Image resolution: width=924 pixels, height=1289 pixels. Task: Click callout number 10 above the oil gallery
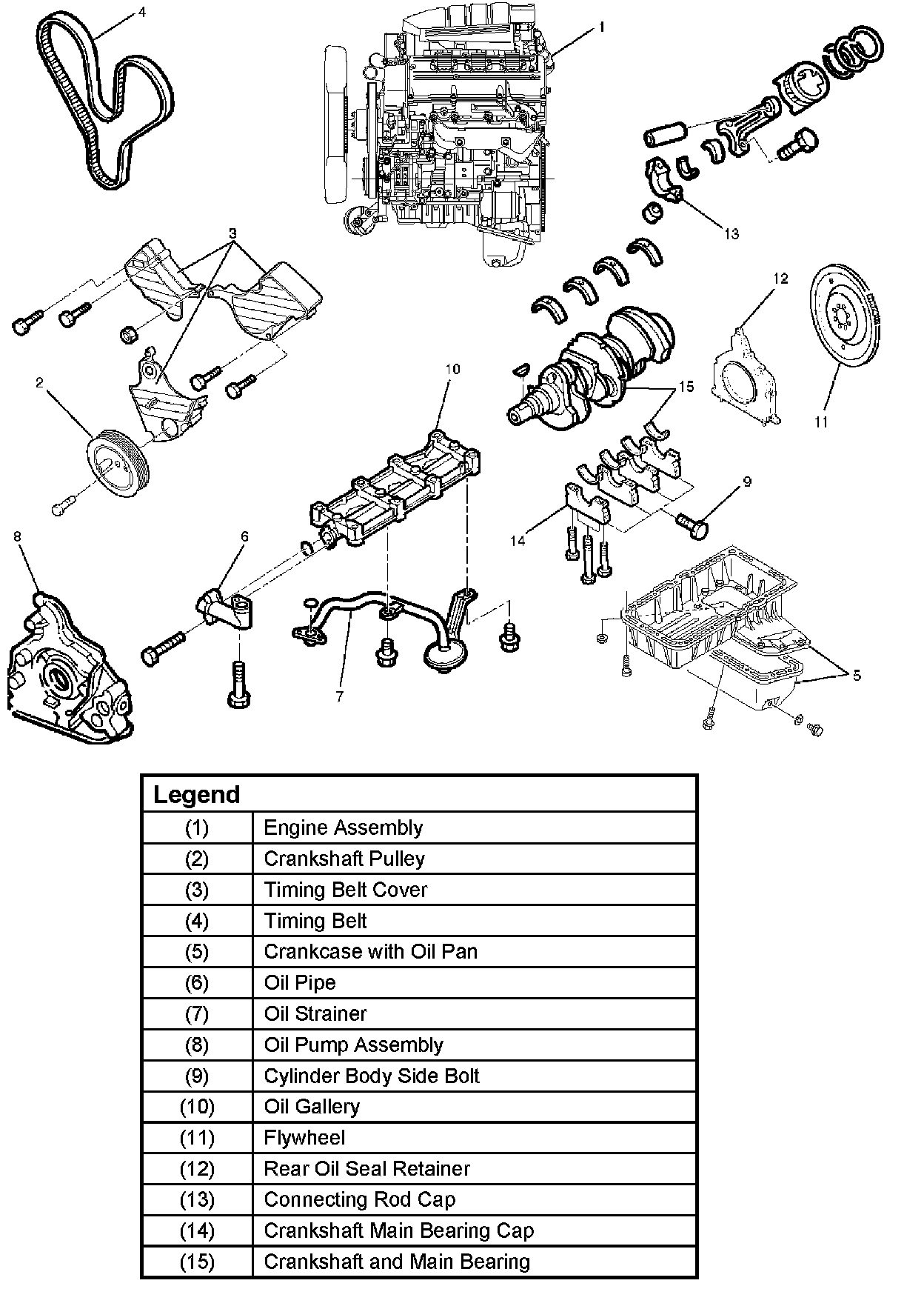(x=452, y=369)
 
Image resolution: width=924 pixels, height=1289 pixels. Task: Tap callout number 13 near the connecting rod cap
(x=731, y=234)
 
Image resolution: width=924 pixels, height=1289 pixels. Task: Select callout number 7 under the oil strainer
(x=340, y=696)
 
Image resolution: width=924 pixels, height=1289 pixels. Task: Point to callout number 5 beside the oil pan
(x=856, y=675)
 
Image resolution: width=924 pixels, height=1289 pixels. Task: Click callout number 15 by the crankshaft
(x=686, y=387)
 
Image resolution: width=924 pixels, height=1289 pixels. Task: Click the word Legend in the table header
(x=196, y=794)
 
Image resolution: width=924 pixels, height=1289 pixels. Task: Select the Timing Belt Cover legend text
(x=345, y=890)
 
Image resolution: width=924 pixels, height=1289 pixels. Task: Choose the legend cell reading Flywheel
(x=304, y=1137)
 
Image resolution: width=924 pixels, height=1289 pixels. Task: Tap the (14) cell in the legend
(x=197, y=1230)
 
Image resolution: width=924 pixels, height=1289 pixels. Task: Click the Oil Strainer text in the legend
(x=315, y=1013)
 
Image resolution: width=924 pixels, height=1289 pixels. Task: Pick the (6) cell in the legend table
(x=197, y=982)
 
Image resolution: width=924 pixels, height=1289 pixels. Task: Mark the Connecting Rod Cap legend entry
(x=359, y=1199)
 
